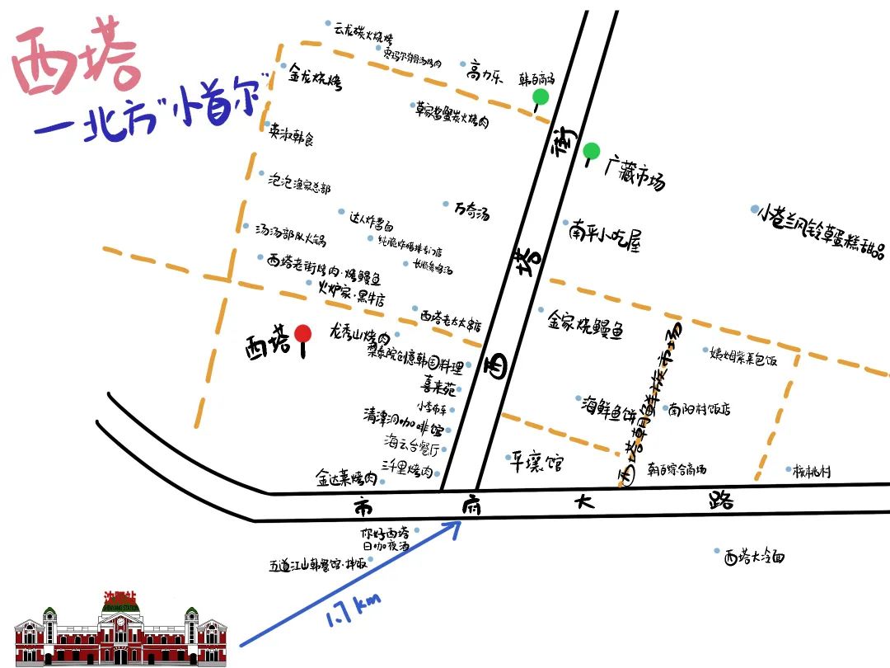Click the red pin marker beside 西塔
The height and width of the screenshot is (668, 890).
click(x=303, y=334)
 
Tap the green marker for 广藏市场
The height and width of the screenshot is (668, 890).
click(x=591, y=152)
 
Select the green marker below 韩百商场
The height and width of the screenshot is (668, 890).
click(x=541, y=98)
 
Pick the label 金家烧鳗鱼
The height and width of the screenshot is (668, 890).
click(x=586, y=325)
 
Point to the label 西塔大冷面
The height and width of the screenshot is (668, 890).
click(x=755, y=557)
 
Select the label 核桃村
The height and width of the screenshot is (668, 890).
click(x=813, y=472)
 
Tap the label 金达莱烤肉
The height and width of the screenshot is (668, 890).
click(x=346, y=477)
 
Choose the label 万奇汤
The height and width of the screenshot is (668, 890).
click(x=472, y=211)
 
